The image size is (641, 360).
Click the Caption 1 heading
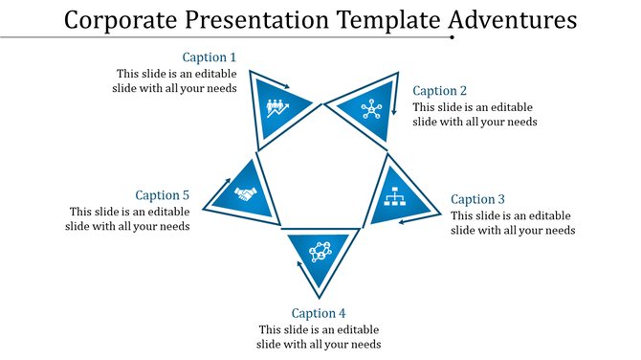[x=210, y=57]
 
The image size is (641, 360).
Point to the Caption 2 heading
[x=441, y=91]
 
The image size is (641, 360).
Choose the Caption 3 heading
[x=478, y=199]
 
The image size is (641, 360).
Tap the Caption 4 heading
[x=319, y=313]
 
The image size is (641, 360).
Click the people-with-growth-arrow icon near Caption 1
[x=278, y=105]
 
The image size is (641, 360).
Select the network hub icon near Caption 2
[x=370, y=109]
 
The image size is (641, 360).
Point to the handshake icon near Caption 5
[x=245, y=194]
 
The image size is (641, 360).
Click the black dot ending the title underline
[x=452, y=38]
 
